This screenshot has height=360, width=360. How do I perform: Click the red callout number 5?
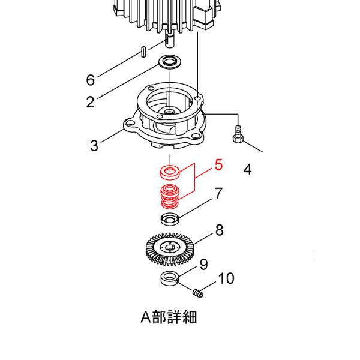click(x=218, y=164)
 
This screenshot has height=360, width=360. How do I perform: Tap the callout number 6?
click(x=91, y=80)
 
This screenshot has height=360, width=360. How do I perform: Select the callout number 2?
click(x=90, y=101)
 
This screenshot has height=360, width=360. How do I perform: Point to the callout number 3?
click(x=94, y=145)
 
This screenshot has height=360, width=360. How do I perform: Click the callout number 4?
click(x=247, y=170)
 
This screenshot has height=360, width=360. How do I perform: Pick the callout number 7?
click(x=219, y=193)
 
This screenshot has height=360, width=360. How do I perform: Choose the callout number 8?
click(x=219, y=230)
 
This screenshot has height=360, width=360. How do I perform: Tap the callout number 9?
click(x=203, y=264)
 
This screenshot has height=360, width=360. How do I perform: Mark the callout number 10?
click(x=226, y=278)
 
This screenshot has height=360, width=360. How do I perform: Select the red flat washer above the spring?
click(x=170, y=173)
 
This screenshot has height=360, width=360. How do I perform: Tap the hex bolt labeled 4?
click(x=238, y=134)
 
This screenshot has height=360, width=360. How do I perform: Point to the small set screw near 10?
click(x=198, y=293)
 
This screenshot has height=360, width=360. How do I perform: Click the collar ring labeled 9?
click(x=170, y=279)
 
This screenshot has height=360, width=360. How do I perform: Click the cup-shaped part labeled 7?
click(x=170, y=218)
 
